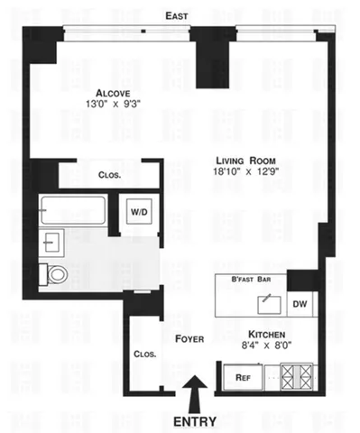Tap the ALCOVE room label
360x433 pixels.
pos(116,92)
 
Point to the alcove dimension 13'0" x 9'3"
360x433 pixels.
pos(116,105)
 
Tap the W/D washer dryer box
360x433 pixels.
pos(140,212)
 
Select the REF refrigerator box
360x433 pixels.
pos(242,377)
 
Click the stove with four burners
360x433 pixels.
pos(297,375)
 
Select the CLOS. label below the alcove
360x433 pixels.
pos(111,175)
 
